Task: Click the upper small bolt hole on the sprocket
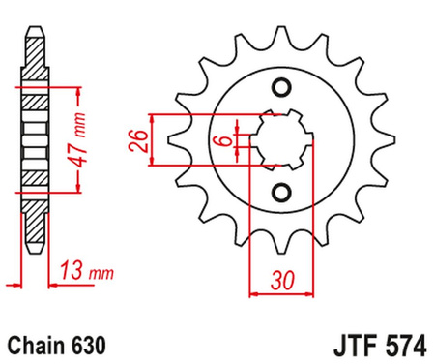(282, 89)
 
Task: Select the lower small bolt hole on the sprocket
(282, 190)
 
